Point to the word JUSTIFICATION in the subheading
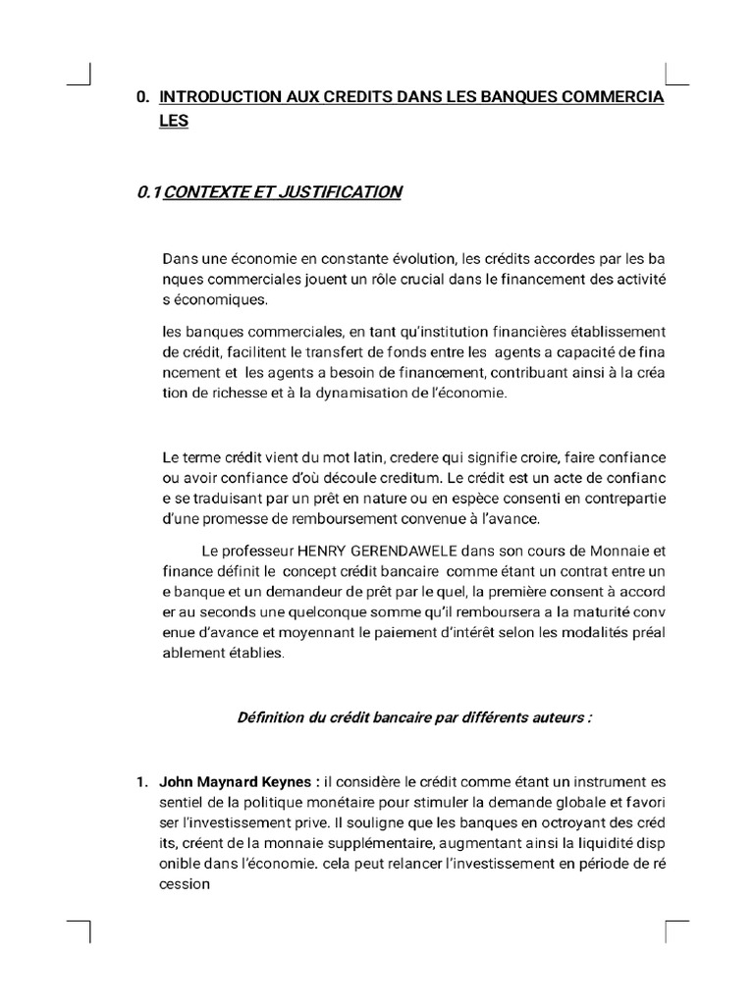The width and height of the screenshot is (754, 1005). click(342, 192)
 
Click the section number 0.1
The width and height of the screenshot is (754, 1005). click(149, 192)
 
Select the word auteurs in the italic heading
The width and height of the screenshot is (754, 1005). click(554, 717)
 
